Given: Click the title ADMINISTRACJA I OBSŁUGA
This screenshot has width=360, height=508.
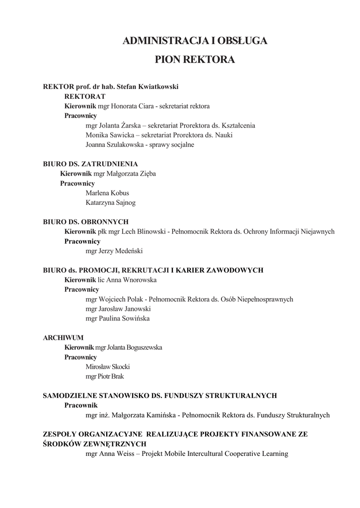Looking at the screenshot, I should click(195, 41).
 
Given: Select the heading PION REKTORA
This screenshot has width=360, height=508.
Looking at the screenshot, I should click(195, 60).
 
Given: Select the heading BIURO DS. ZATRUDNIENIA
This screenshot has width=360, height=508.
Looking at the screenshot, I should click(90, 164).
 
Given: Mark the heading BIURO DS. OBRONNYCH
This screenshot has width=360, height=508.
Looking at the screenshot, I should click(86, 222).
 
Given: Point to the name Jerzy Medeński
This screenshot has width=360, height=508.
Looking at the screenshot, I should click(121, 251).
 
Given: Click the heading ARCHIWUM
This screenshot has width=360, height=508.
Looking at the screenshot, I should click(63, 337).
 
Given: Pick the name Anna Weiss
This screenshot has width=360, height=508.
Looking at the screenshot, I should click(116, 453).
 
